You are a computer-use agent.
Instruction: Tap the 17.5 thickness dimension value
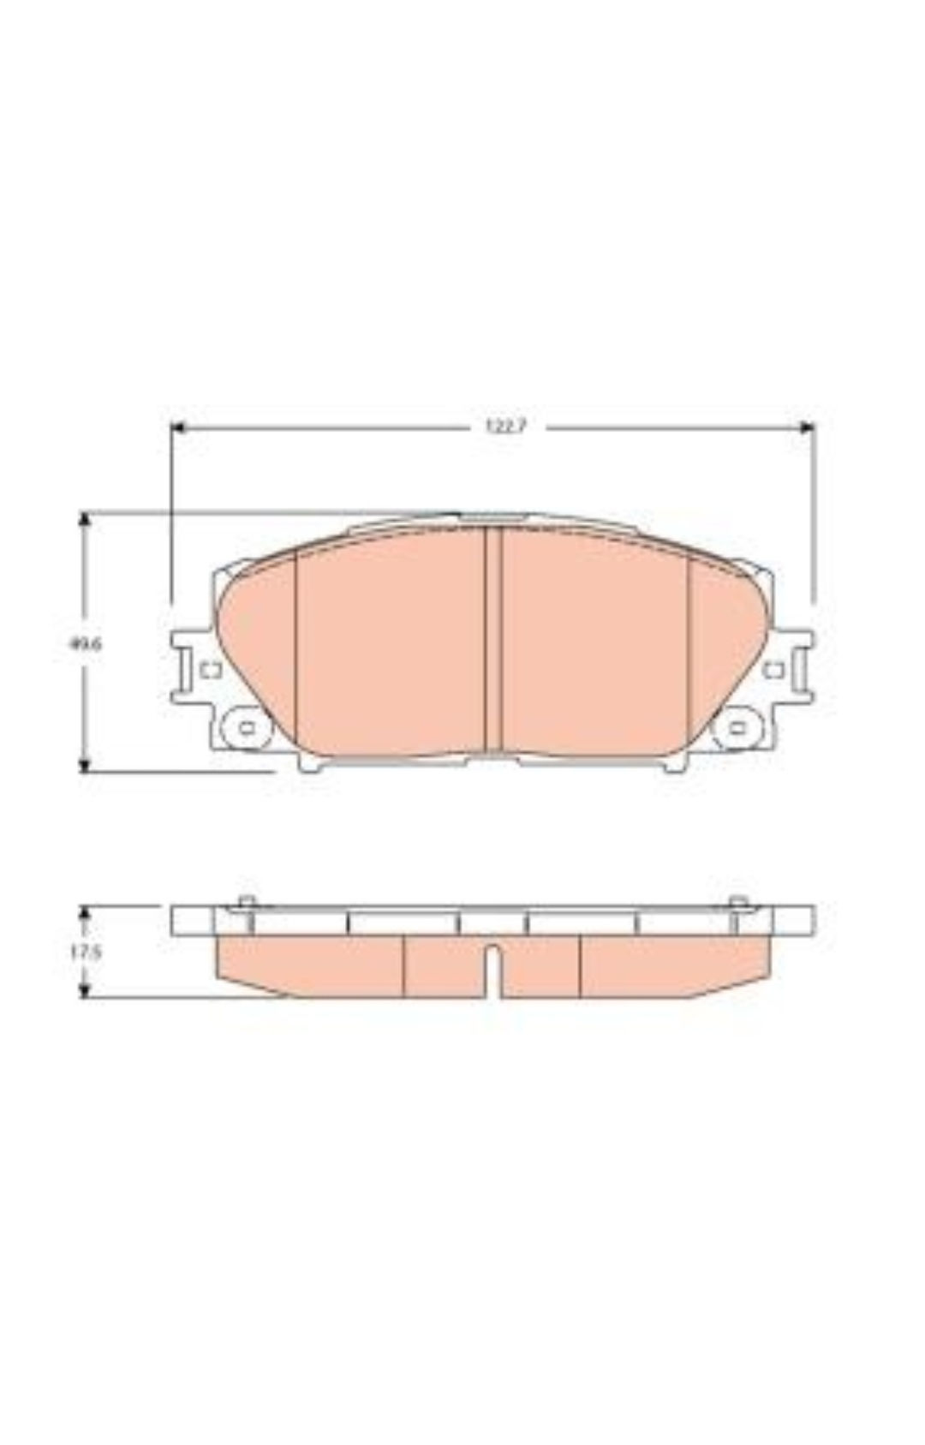(86, 952)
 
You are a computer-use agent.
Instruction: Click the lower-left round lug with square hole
(246, 728)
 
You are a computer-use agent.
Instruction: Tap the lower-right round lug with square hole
(737, 728)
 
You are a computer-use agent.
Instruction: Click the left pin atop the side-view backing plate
(247, 902)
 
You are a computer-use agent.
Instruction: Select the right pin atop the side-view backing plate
(737, 902)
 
